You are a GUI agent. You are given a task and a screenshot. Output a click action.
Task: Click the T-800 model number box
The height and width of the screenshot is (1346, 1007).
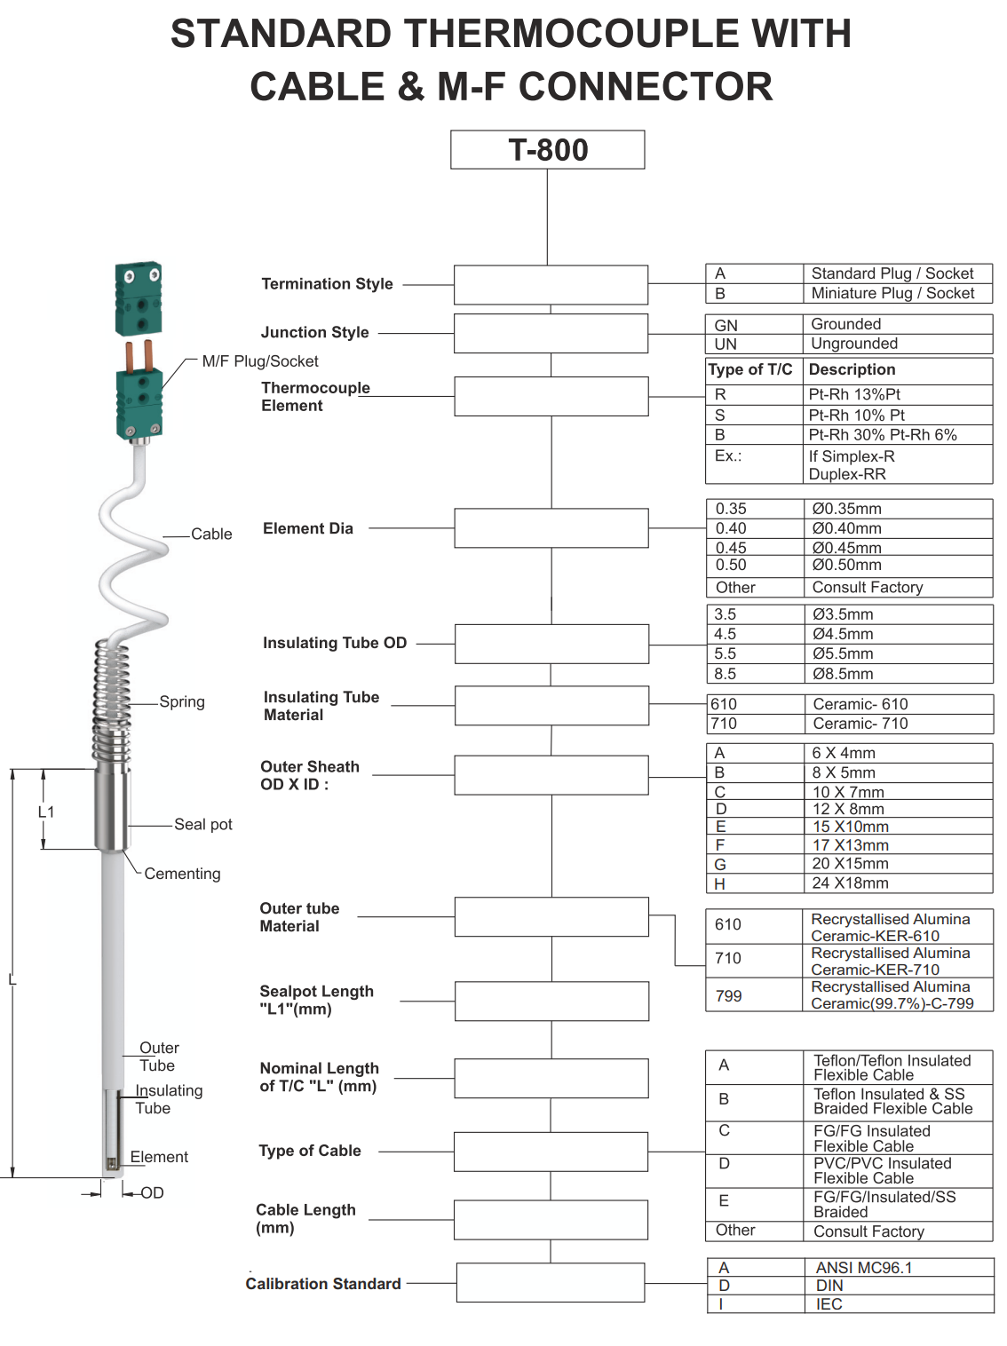click(547, 150)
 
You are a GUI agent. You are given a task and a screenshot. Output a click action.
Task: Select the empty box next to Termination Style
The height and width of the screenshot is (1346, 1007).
click(551, 285)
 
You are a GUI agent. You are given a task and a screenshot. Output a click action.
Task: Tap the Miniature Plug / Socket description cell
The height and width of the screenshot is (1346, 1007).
click(892, 293)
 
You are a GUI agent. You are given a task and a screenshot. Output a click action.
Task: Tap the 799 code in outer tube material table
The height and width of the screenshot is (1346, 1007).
click(729, 996)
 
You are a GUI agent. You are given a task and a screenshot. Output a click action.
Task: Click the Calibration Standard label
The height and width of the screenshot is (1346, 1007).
click(323, 1284)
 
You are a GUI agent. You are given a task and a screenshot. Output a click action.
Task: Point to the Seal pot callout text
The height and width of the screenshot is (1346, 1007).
click(203, 824)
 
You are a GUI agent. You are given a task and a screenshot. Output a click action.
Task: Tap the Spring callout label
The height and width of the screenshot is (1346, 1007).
click(182, 701)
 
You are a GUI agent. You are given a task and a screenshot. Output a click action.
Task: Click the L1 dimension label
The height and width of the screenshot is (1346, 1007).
click(46, 812)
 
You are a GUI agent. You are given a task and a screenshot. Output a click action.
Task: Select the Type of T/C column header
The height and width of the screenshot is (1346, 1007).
click(750, 369)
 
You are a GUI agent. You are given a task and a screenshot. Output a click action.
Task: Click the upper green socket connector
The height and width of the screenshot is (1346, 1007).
click(139, 297)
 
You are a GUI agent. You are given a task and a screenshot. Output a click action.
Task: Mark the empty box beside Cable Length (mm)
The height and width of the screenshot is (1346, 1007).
click(551, 1220)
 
